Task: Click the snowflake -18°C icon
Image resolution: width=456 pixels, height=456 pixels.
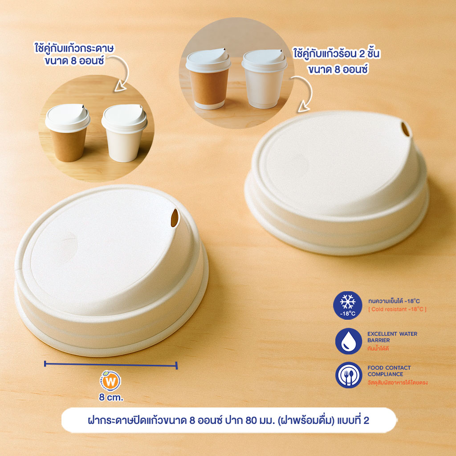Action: click(x=347, y=305)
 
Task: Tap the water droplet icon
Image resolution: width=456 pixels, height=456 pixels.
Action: click(x=348, y=341)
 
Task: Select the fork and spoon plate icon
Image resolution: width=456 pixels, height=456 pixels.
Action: click(x=348, y=375)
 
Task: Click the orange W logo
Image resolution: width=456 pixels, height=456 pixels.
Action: click(x=110, y=381)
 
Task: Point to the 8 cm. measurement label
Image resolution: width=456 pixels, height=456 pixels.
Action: click(x=111, y=397)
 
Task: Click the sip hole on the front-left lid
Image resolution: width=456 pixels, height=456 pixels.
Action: click(x=175, y=218)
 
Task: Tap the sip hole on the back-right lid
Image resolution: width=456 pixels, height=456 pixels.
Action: click(x=405, y=129)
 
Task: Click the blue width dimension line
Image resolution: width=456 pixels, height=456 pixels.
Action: click(x=111, y=365)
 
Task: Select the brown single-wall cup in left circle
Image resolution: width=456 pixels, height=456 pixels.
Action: click(x=68, y=133)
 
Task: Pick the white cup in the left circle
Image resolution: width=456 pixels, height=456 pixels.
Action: click(x=125, y=133)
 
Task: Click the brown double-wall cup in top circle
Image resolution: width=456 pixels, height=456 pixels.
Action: click(x=208, y=79)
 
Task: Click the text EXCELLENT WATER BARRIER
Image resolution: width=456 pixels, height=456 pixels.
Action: click(x=392, y=337)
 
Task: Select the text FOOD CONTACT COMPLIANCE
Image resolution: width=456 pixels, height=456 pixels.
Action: click(x=389, y=371)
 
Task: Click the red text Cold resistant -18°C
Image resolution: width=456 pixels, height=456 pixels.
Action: click(x=397, y=309)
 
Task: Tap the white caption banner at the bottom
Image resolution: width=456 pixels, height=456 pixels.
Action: click(x=229, y=420)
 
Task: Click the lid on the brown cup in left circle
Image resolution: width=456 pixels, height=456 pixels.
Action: click(x=68, y=117)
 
